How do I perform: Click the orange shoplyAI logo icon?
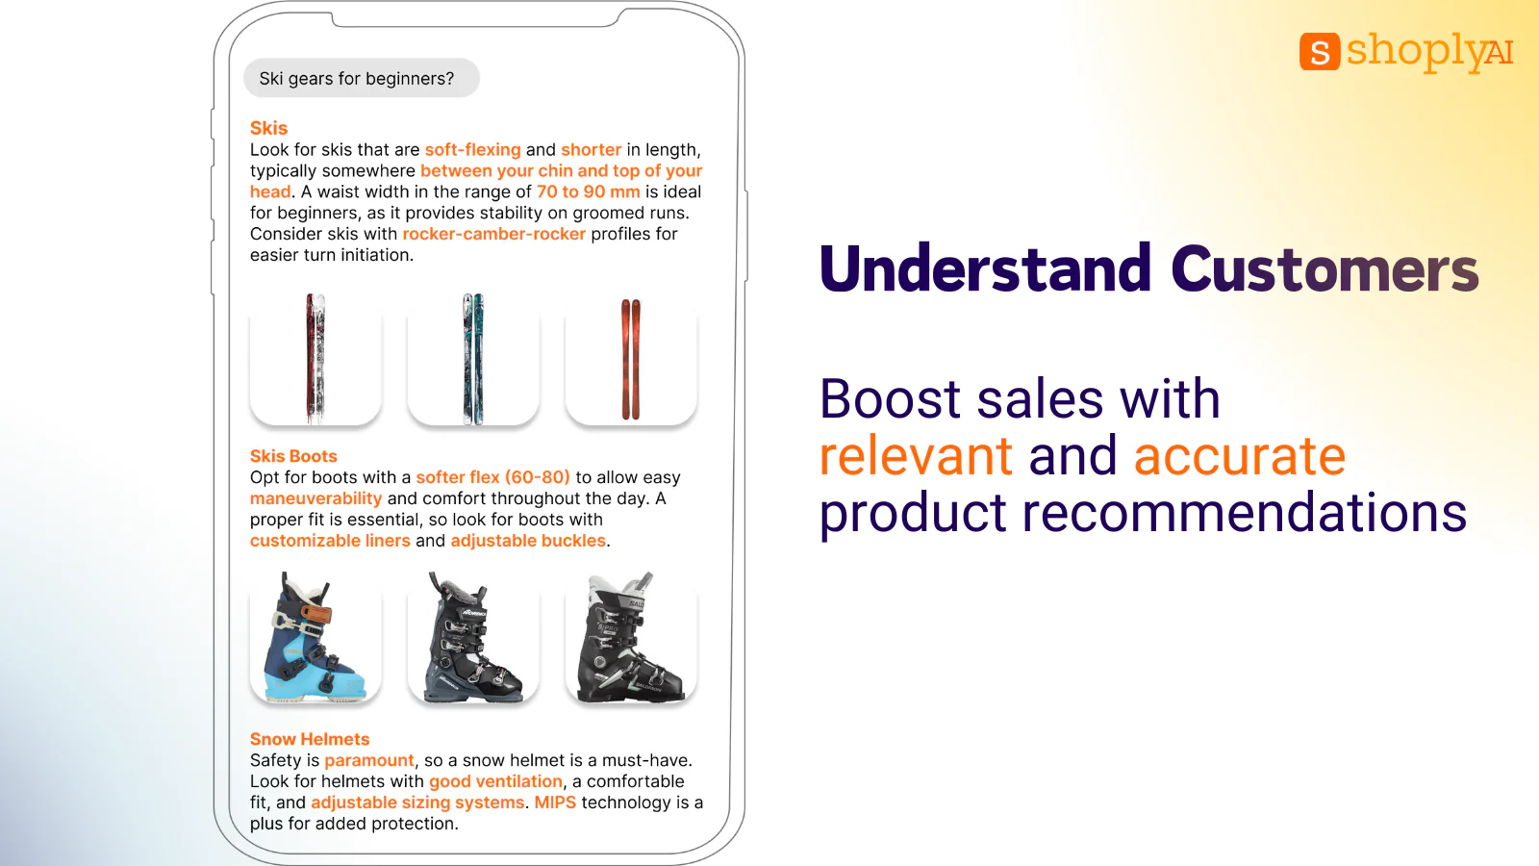[1319, 52]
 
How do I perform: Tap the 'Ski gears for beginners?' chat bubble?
[361, 79]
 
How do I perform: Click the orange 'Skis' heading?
[268, 128]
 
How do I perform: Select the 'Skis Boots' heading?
[293, 456]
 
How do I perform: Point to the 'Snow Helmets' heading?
[310, 739]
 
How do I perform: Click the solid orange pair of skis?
[631, 359]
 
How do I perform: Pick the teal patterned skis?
[473, 359]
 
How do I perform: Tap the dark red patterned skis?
[315, 359]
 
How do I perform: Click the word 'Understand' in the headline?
[985, 268]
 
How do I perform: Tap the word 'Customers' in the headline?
[1325, 268]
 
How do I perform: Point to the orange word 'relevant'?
[916, 456]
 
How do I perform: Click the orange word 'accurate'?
[1239, 456]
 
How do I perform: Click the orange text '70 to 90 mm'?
[588, 191]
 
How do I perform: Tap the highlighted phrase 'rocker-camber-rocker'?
[493, 234]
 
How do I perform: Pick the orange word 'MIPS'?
[555, 802]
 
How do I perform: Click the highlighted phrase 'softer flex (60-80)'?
[492, 477]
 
